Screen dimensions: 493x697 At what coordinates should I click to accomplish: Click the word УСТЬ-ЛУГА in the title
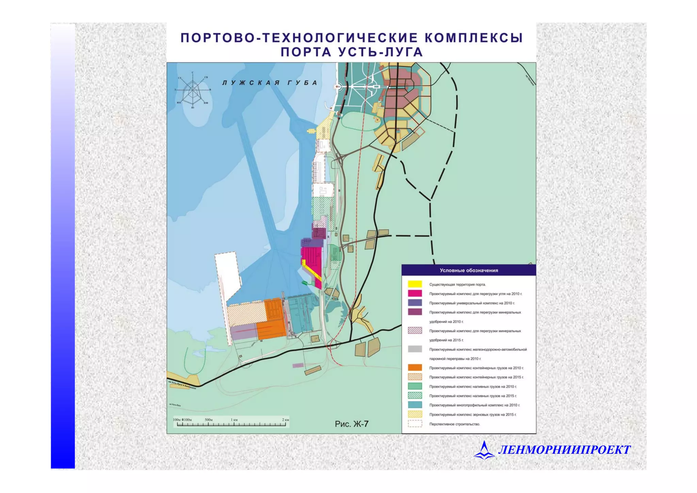click(380, 52)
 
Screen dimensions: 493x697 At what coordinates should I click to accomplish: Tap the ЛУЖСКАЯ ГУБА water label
click(270, 83)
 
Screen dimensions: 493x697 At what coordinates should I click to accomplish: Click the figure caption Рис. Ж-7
click(352, 424)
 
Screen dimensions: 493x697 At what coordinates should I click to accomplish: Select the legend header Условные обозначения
click(469, 270)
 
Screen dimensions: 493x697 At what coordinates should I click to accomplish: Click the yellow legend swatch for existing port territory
click(415, 284)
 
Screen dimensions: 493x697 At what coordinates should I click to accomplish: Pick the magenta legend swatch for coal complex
click(415, 293)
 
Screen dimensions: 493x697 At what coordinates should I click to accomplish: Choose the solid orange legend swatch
click(415, 367)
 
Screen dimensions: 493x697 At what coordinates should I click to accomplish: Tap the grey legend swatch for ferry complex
click(415, 349)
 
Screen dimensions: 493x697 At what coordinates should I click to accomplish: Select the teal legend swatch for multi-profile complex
click(415, 405)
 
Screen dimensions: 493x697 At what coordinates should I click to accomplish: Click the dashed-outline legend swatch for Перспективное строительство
click(415, 424)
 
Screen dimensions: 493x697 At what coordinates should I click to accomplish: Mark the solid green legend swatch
click(415, 386)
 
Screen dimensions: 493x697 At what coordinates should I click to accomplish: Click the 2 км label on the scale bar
click(285, 420)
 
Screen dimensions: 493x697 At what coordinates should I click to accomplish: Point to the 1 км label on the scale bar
click(234, 420)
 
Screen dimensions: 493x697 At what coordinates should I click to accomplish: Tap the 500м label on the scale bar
click(208, 420)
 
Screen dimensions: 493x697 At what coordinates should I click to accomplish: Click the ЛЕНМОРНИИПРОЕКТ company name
click(564, 450)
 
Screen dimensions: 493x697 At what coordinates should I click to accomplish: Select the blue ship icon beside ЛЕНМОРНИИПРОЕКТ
click(484, 450)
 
